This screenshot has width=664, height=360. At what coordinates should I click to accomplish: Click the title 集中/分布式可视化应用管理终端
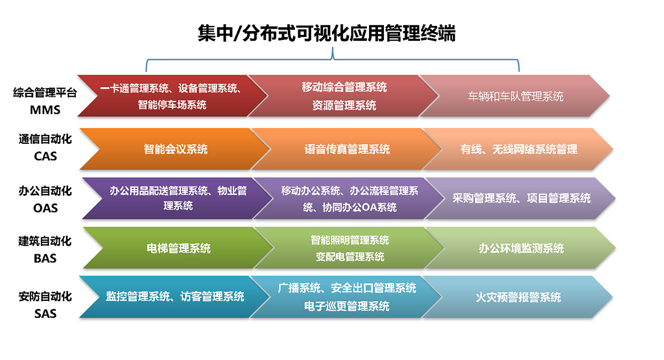[x=326, y=33]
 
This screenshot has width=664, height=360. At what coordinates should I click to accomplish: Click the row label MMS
[x=45, y=110]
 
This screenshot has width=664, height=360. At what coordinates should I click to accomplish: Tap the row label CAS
[x=45, y=156]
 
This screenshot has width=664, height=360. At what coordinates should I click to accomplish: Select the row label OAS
[x=45, y=208]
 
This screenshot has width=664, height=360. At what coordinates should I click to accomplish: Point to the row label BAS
[x=45, y=258]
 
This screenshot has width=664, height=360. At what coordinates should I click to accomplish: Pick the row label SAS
[x=45, y=314]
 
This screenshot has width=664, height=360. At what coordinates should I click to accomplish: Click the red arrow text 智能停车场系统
[x=172, y=105]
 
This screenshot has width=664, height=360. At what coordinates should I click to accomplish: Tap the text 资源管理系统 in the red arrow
[x=344, y=105]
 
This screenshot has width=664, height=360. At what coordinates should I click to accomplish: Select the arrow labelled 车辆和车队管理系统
[x=515, y=96]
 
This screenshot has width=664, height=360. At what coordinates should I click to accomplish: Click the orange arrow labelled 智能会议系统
[x=175, y=149]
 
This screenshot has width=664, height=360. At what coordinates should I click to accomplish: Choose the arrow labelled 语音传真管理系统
[x=346, y=149]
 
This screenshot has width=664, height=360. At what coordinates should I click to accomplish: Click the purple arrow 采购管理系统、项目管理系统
[x=521, y=198]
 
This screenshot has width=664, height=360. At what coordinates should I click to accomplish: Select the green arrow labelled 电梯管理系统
[x=178, y=248]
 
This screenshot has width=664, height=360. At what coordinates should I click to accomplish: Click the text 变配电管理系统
[x=350, y=257]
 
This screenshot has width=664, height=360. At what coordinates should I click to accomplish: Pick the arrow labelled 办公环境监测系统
[x=521, y=248]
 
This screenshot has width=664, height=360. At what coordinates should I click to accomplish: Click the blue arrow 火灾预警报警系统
[x=517, y=297]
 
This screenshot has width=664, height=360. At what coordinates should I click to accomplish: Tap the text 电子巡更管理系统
[x=346, y=306]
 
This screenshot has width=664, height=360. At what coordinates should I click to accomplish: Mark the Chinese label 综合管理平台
[x=45, y=93]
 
